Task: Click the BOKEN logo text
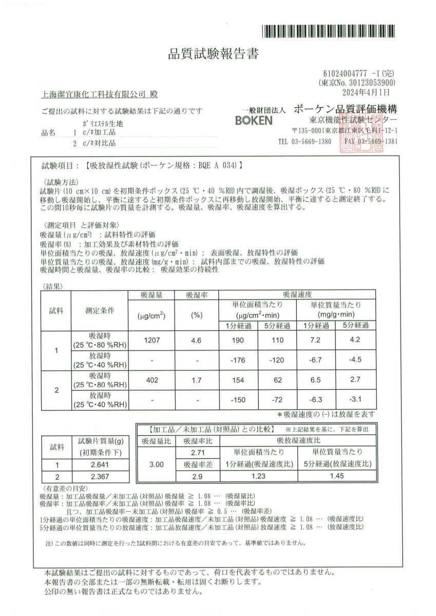[254, 120]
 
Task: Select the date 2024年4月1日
[369, 92]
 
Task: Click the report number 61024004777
[348, 74]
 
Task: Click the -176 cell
[237, 360]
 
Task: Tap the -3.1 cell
[354, 399]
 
